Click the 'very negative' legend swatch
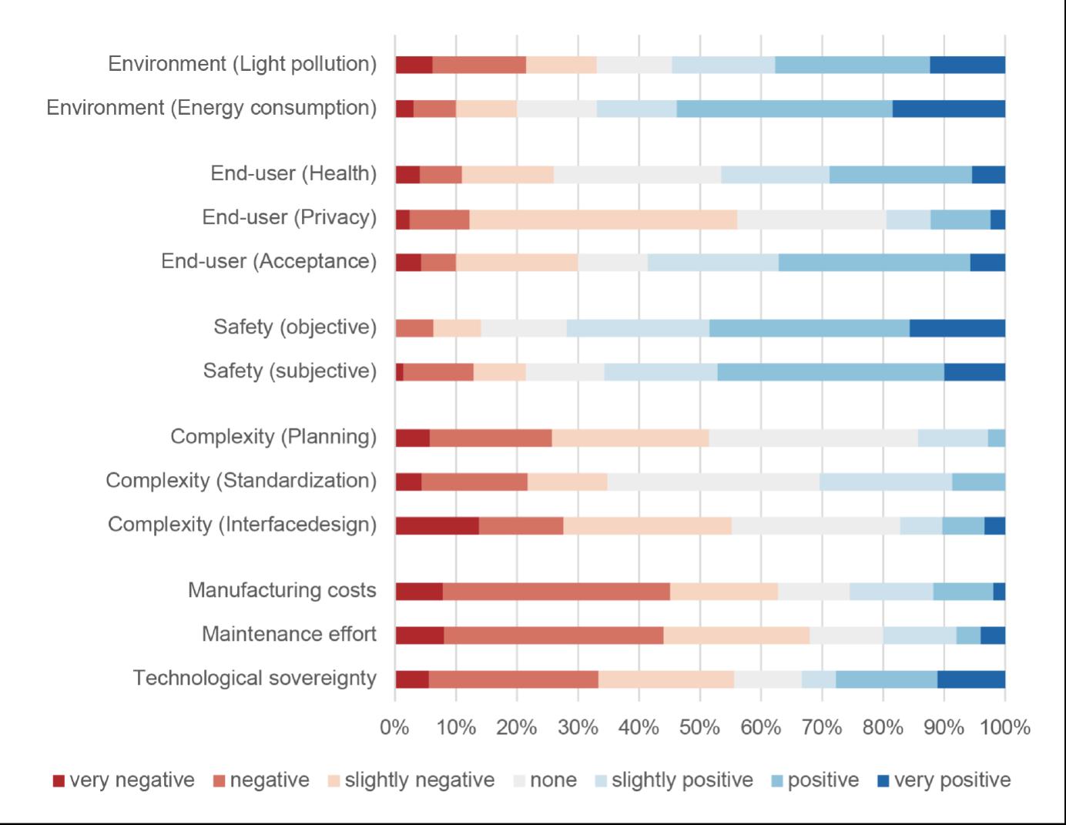coord(59,781)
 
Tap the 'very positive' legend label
coord(952,780)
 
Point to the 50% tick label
coord(699,727)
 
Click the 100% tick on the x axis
coord(1005,727)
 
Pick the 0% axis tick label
coord(395,727)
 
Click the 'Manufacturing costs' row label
coord(282,591)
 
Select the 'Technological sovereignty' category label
coord(254,679)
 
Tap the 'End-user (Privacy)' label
coord(289,218)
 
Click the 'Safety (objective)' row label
coord(295,327)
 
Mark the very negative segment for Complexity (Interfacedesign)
coord(437,525)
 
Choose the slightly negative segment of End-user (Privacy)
coord(603,220)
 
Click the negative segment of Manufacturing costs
coord(556,592)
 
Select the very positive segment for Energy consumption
coord(949,109)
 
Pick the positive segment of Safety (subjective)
coord(830,372)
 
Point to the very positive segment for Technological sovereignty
coord(970,679)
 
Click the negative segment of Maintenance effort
coord(553,636)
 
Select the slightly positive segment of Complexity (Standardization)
coord(886,481)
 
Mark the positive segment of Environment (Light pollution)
coord(852,65)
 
